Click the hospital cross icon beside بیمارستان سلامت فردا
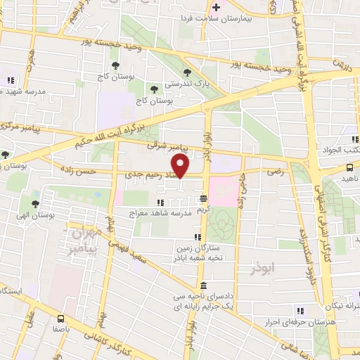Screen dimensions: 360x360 pyautogui.click(x=217, y=8)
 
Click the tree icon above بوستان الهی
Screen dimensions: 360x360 pyautogui.click(x=33, y=203)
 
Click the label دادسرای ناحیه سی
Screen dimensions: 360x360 pyautogui.click(x=202, y=297)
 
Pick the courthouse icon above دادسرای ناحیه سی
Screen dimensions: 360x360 pyautogui.click(x=203, y=285)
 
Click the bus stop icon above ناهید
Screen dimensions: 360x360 pyautogui.click(x=349, y=167)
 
